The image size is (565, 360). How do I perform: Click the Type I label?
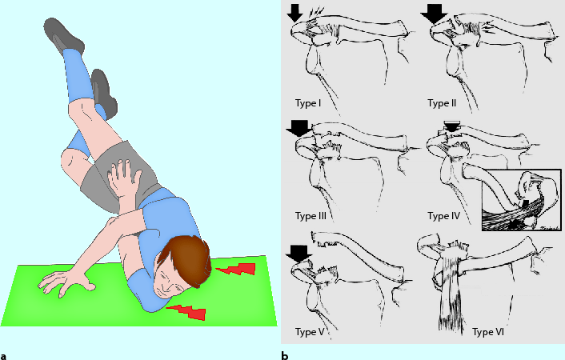[x=308, y=103]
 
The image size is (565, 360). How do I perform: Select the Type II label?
[x=442, y=103]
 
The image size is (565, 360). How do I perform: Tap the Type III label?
[x=311, y=216]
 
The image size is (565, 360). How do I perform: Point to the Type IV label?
[x=444, y=216]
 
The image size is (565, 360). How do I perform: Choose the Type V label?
[x=310, y=331]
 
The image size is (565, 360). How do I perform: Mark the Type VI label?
[x=488, y=331]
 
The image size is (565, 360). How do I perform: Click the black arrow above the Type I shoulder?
[x=295, y=14]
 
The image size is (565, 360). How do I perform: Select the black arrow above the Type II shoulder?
[x=435, y=14]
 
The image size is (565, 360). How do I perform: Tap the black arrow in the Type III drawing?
[x=298, y=129]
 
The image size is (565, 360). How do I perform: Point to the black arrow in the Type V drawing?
[x=299, y=254]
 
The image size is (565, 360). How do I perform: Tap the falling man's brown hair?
[x=187, y=259]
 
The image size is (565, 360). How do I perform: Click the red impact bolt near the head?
[x=237, y=269]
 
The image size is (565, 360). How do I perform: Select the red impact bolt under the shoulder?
[x=187, y=312]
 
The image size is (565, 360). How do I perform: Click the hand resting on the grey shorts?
[x=124, y=178]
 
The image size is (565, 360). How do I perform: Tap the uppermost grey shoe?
[x=63, y=35]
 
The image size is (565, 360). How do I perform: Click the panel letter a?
[x=4, y=356]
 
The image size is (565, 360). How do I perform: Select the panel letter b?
[x=285, y=356]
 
